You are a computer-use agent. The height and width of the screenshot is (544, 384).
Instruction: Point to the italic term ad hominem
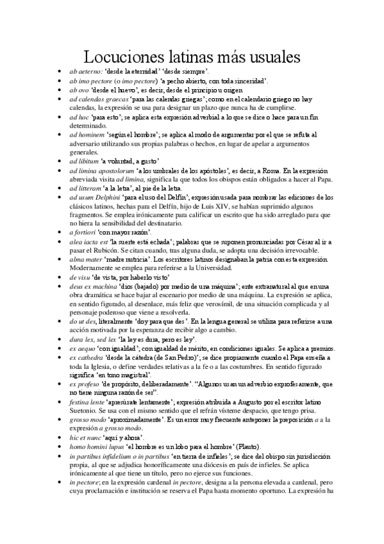coord(87,136)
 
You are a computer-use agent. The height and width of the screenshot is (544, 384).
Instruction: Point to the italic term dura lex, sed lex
coord(97,338)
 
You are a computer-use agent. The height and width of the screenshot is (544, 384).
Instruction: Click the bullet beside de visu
coord(59,276)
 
